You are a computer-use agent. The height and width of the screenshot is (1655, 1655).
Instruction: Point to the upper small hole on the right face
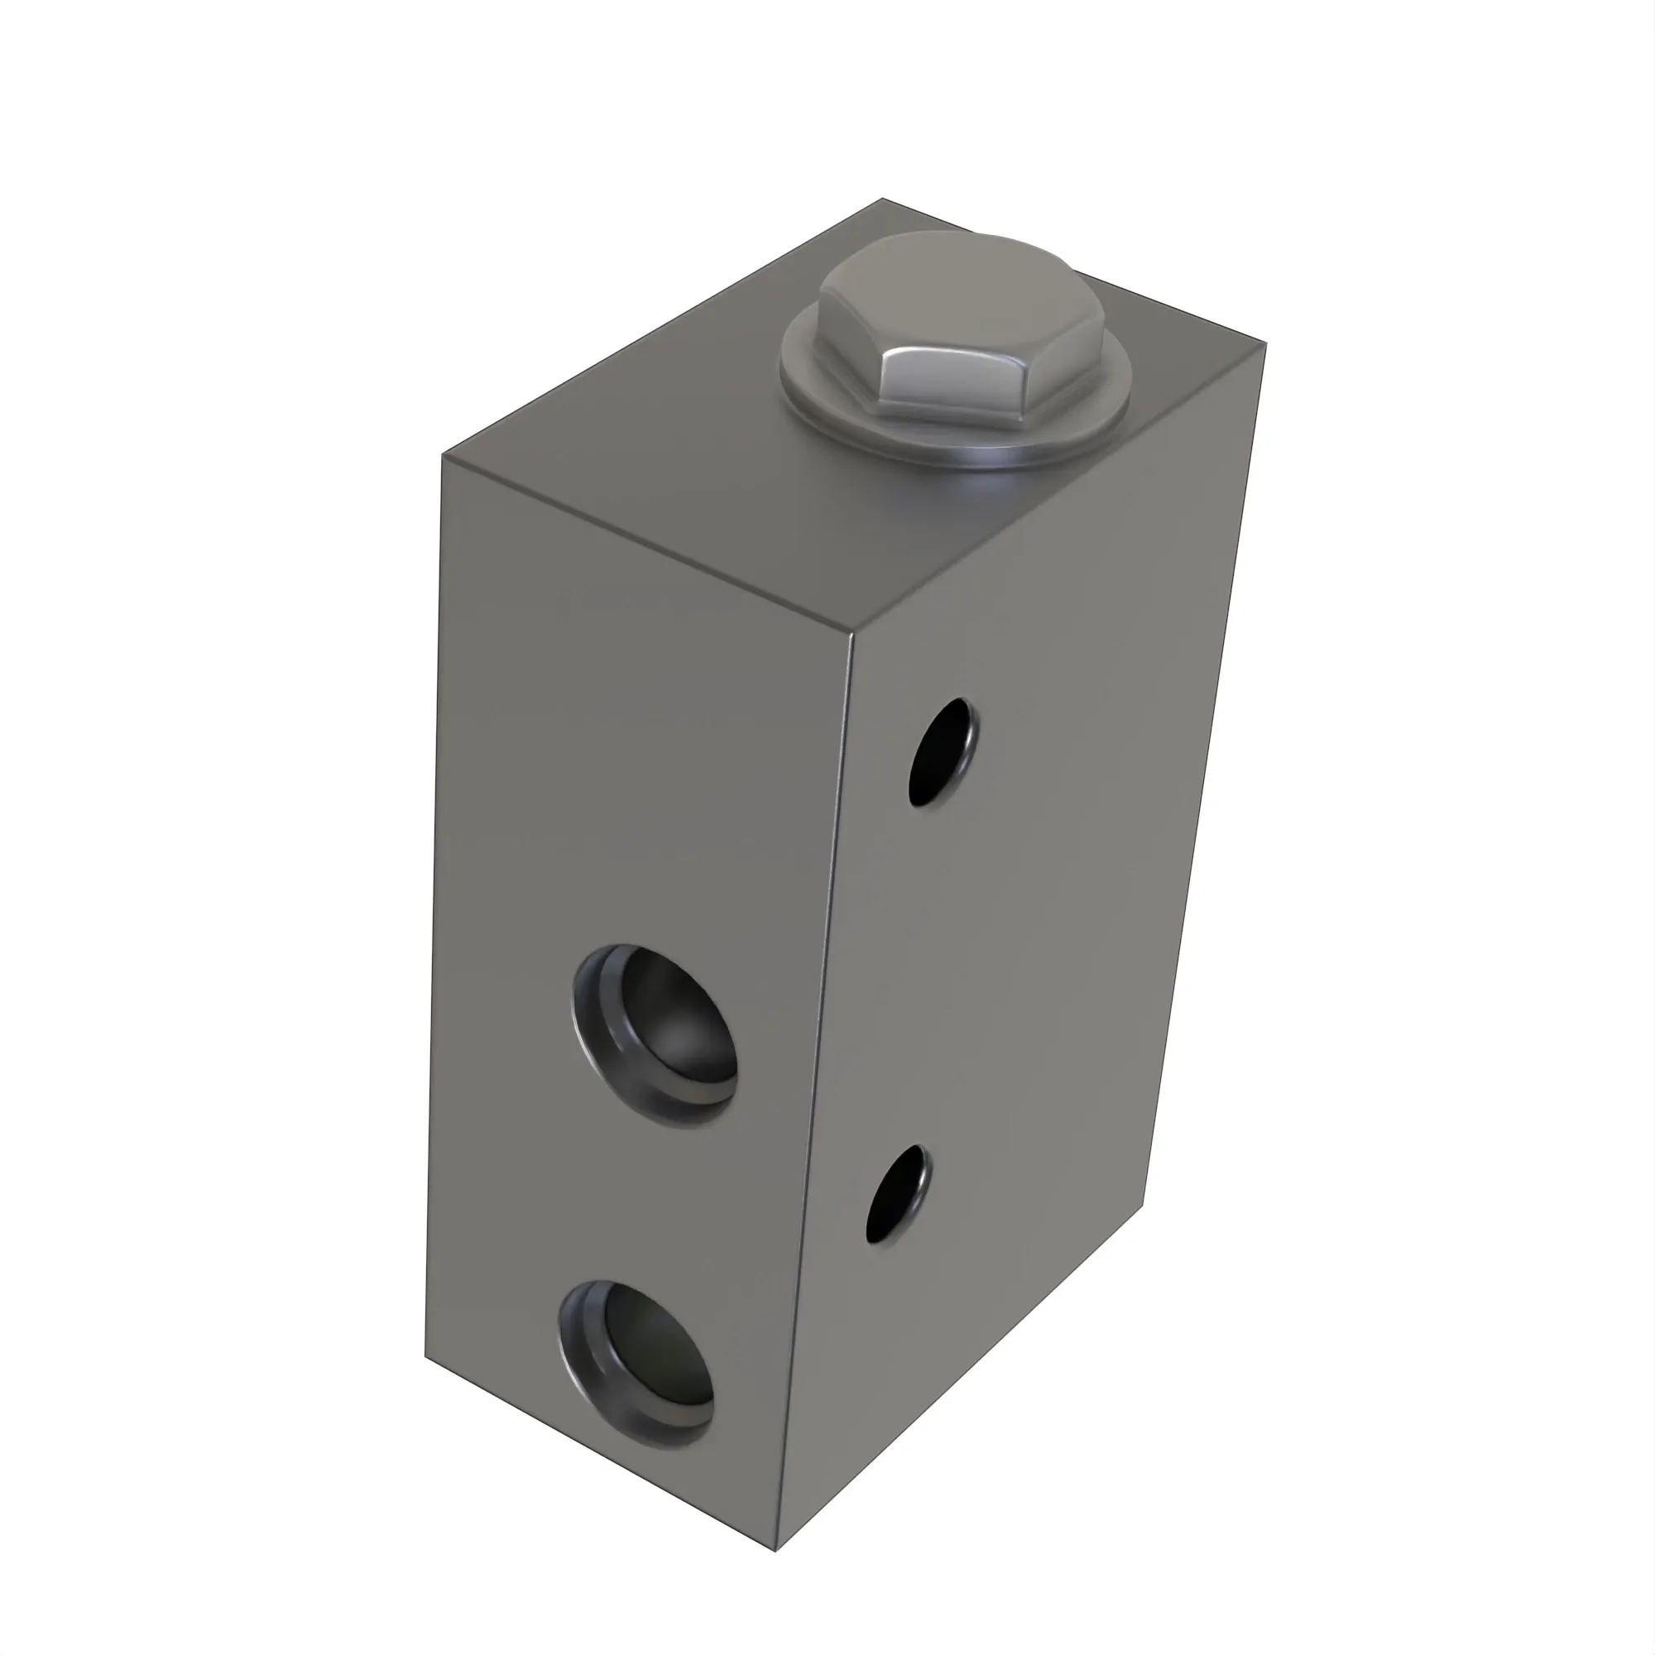943,752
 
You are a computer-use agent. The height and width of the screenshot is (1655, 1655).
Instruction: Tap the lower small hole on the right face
899,1193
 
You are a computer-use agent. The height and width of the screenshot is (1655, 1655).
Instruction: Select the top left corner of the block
443,455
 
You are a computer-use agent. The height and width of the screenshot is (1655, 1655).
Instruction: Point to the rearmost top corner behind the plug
882,199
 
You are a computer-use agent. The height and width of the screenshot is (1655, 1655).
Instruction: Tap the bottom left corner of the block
425,1357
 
